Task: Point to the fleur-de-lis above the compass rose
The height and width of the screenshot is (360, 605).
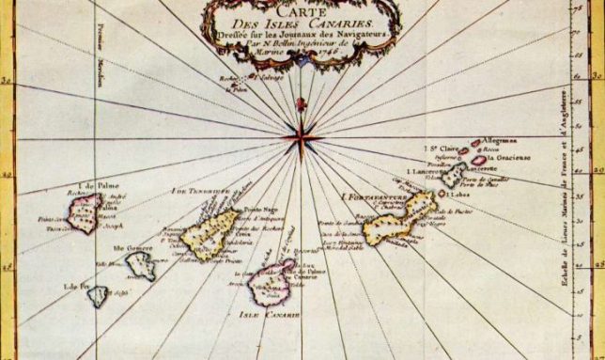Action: click(301, 102)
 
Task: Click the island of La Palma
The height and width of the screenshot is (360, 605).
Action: click(84, 212)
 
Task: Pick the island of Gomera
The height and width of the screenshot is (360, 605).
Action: click(141, 266)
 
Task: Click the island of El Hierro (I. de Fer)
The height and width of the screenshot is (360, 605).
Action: click(99, 296)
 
